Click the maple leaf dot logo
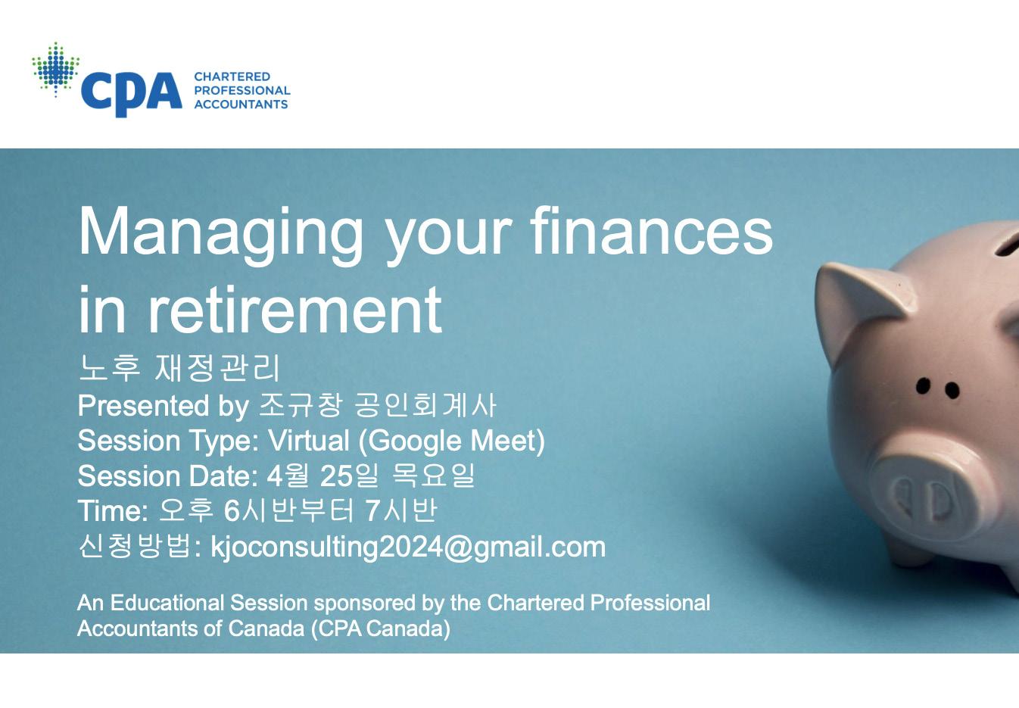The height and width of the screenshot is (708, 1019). pyautogui.click(x=56, y=69)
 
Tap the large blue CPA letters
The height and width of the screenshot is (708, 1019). pyautogui.click(x=132, y=94)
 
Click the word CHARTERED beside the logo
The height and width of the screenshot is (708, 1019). pyautogui.click(x=232, y=76)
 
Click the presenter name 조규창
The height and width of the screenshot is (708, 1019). pyautogui.click(x=300, y=404)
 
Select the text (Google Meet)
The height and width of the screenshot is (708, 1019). pyautogui.click(x=452, y=441)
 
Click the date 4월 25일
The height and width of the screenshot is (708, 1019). pyautogui.click(x=322, y=476)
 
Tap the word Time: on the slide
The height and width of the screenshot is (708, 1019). pyautogui.click(x=114, y=510)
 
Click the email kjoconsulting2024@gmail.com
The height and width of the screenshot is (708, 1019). pyautogui.click(x=408, y=547)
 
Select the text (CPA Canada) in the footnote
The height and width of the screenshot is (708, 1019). pyautogui.click(x=381, y=629)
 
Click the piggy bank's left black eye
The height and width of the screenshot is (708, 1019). pyautogui.click(x=922, y=386)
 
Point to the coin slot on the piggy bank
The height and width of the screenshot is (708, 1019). pyautogui.click(x=1006, y=246)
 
